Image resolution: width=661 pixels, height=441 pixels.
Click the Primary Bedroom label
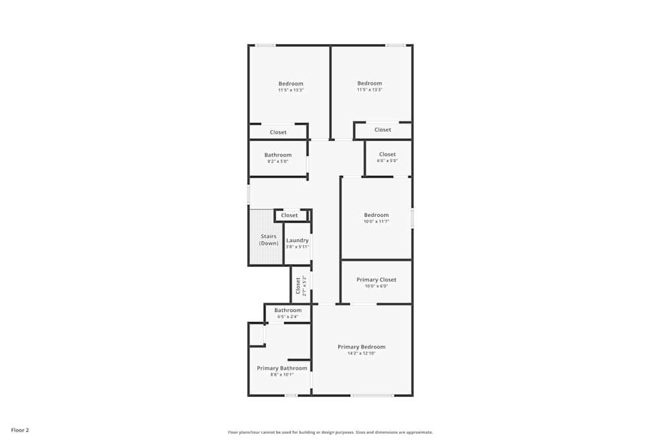coord(361,347)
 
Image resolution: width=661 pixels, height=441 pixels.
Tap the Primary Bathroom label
coord(282,368)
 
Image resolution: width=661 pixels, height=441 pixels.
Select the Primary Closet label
coord(376,280)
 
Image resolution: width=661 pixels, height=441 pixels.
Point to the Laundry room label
coord(297,240)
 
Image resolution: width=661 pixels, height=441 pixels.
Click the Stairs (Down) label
coord(268,239)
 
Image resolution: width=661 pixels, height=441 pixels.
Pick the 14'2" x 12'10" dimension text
coord(361,354)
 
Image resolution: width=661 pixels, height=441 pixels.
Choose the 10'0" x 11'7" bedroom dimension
coord(376,221)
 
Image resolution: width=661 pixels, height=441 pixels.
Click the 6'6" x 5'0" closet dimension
coord(387,161)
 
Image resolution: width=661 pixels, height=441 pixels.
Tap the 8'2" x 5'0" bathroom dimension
coord(278,161)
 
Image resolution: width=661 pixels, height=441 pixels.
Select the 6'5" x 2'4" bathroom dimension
coord(288,317)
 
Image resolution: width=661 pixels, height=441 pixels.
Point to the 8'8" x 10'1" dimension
coord(282,375)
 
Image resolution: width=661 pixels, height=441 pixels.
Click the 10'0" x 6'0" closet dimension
coord(376,286)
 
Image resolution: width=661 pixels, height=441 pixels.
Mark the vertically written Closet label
coord(298,285)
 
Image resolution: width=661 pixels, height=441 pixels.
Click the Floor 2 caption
coord(20,430)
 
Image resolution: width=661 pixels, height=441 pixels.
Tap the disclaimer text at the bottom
coord(330,432)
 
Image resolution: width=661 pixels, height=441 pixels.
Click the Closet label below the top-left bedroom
coord(278,132)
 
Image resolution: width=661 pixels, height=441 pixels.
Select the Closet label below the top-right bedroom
coord(383,130)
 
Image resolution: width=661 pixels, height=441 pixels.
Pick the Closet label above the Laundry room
coord(290,216)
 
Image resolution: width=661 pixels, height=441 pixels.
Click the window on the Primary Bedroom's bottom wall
coord(372,395)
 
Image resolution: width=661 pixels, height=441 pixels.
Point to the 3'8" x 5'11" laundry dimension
coord(297,247)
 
